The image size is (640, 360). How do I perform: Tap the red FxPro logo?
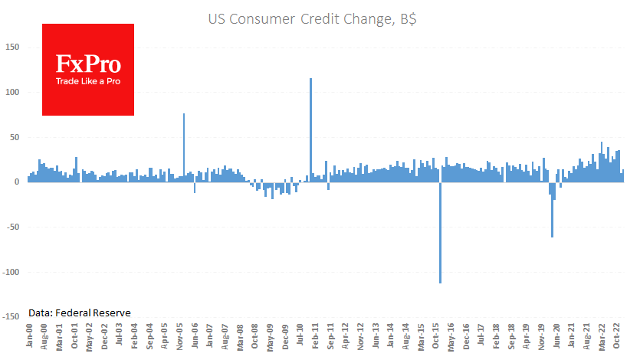tap(87, 69)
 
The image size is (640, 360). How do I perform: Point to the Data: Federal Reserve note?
tap(80, 313)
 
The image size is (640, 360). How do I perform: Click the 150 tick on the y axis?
tap(12, 47)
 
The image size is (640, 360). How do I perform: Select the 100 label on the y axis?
tap(12, 93)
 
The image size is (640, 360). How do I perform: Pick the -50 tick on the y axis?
tap(12, 227)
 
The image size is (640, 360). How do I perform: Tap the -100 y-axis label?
tap(11, 272)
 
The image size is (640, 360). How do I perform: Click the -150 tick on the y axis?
tap(11, 316)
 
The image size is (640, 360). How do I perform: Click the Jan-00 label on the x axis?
tap(30, 336)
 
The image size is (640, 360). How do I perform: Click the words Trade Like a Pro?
tap(87, 81)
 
